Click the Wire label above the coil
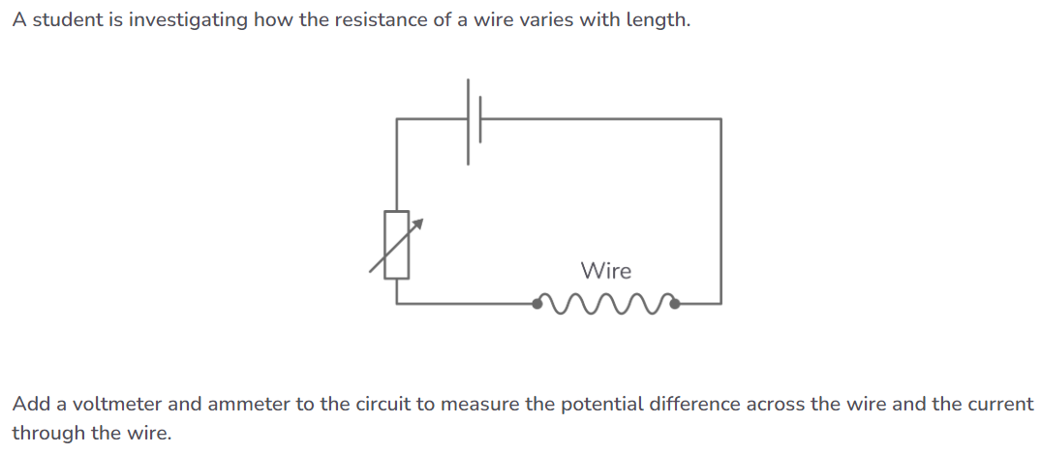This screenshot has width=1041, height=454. (605, 271)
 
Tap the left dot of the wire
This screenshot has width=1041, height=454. (538, 304)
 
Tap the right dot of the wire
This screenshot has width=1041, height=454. (675, 304)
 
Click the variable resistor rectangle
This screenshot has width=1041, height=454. (397, 244)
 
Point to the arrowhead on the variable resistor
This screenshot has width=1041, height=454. (420, 223)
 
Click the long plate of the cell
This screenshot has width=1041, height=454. (470, 120)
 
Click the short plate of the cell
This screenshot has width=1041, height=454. (481, 119)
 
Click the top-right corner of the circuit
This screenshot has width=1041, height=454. (720, 119)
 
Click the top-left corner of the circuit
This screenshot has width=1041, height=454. (397, 119)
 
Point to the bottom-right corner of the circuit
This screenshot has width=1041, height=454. (720, 303)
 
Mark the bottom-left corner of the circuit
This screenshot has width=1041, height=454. (397, 303)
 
